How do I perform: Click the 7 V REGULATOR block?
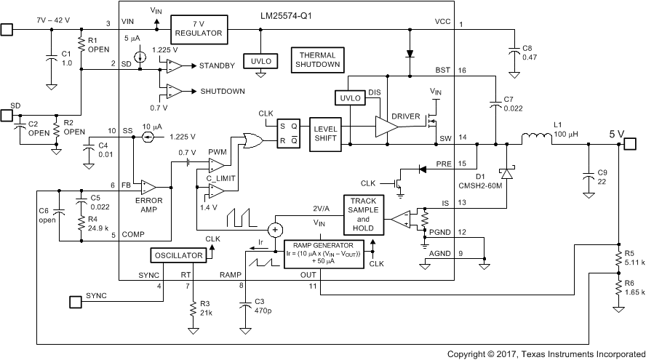coord(199,31)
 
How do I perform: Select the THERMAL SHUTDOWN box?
coord(316,60)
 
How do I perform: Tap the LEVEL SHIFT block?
coord(325,134)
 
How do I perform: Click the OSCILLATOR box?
coord(177,255)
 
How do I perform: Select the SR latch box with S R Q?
coord(289,134)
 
